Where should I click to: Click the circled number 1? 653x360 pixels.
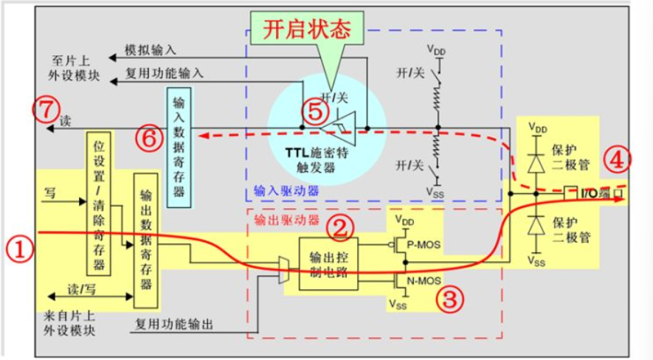point(20,249)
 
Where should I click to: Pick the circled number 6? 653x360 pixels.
point(148,136)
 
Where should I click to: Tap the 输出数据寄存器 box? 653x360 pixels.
point(145,240)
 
